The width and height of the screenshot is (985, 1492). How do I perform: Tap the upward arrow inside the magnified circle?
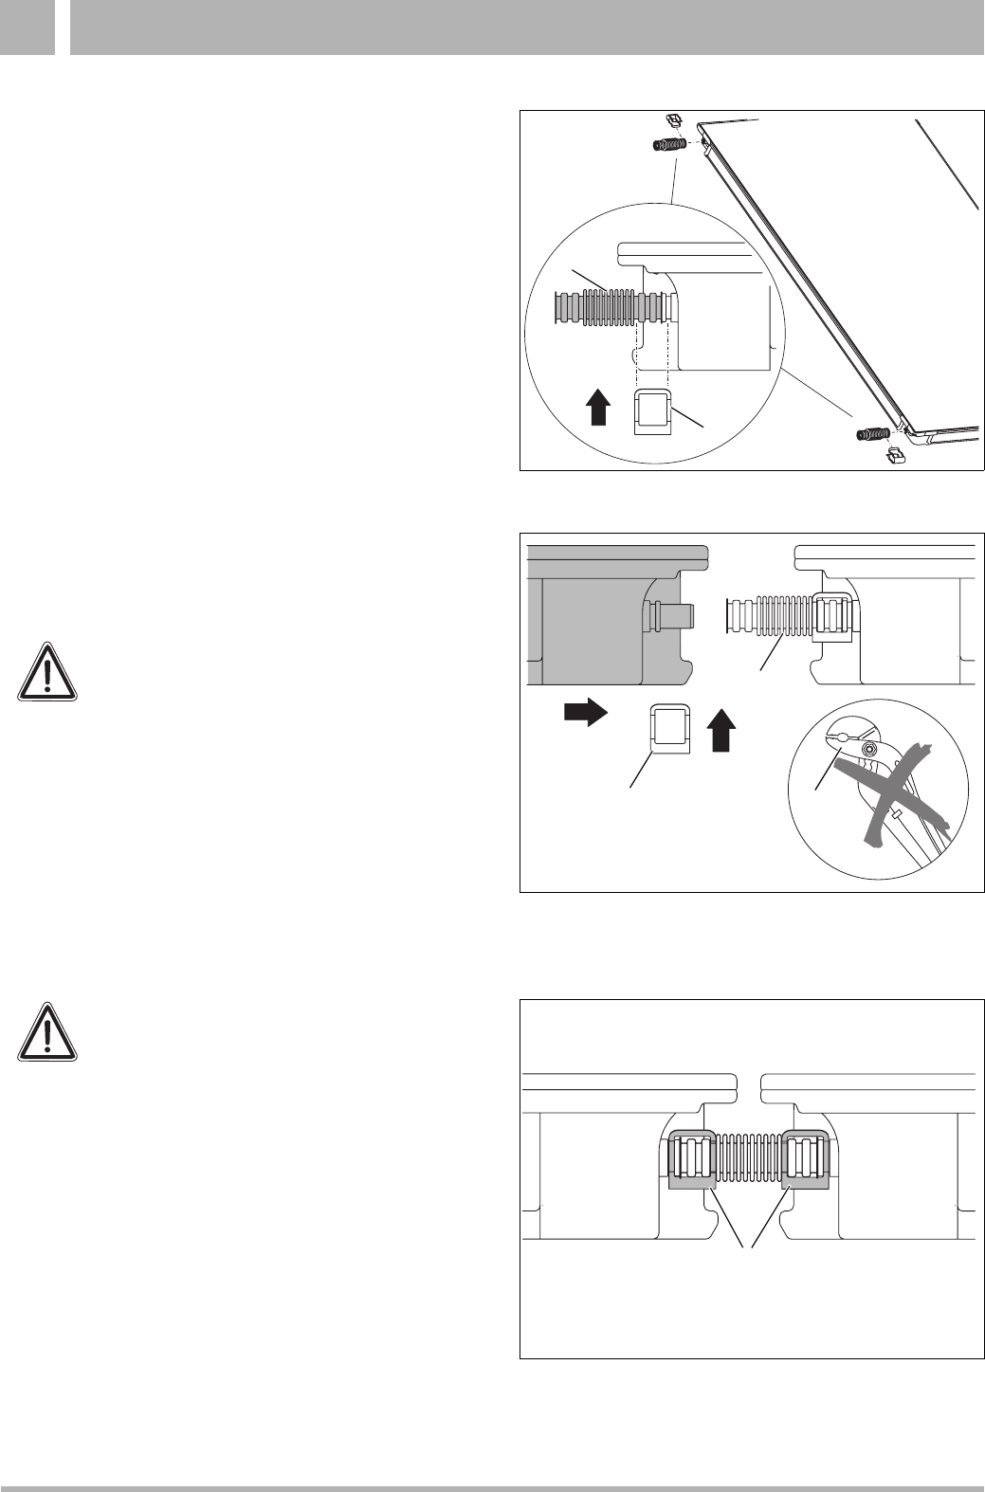point(596,409)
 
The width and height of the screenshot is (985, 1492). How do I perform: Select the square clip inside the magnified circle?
point(652,410)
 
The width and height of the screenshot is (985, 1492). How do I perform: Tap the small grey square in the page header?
point(27,27)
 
